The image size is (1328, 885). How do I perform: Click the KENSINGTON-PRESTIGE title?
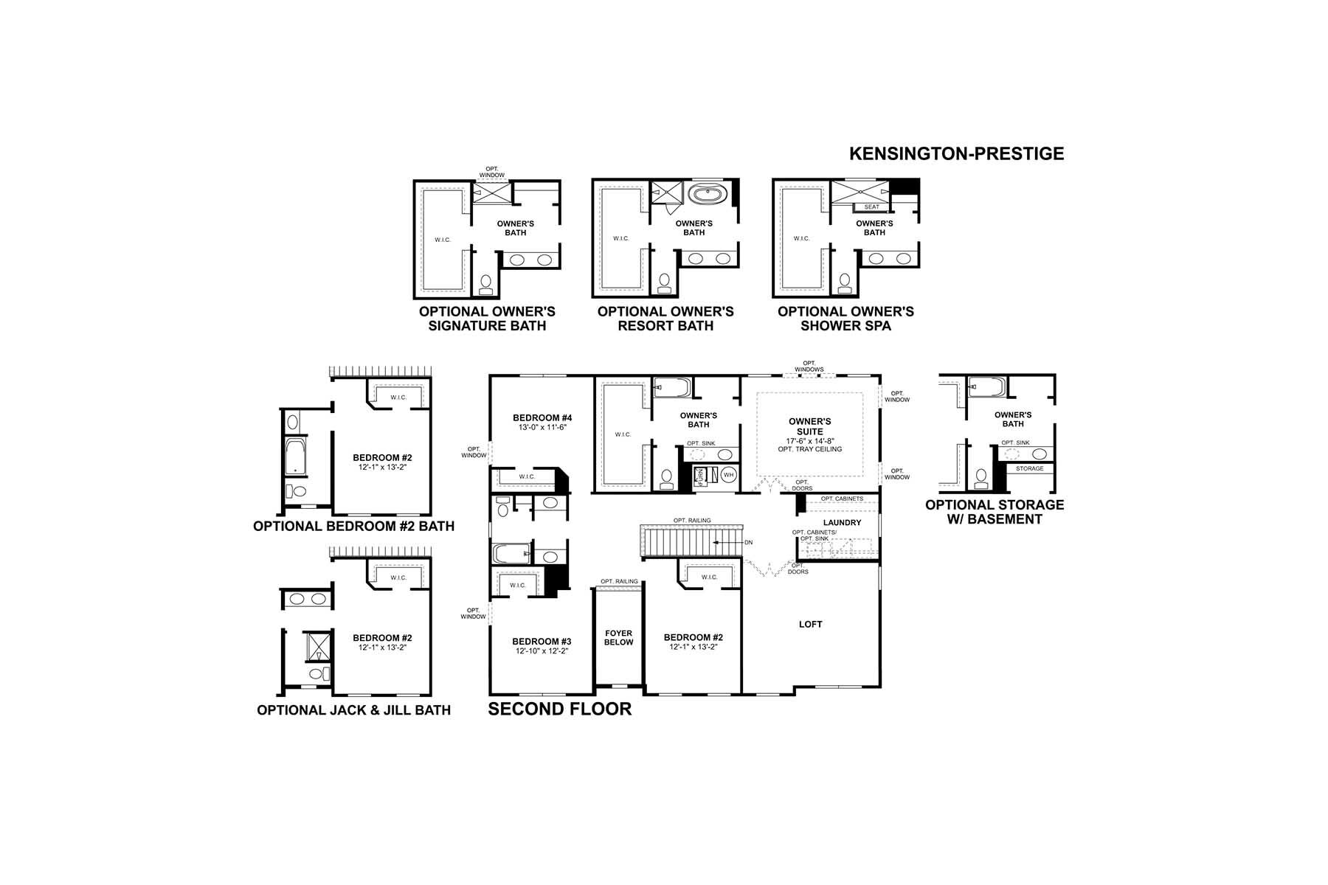[956, 153]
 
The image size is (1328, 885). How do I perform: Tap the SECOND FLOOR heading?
[559, 709]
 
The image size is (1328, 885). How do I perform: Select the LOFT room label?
[810, 624]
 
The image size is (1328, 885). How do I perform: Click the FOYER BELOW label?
[618, 637]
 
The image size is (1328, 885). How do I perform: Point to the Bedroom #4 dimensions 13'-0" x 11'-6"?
[542, 427]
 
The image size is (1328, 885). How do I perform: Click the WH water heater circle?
[729, 474]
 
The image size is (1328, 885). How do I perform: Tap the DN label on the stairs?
[748, 542]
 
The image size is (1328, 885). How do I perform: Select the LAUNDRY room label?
[842, 522]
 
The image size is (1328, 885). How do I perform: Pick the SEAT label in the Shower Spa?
[871, 206]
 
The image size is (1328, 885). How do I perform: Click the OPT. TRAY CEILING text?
[809, 449]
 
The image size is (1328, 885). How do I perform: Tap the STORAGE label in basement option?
[1029, 468]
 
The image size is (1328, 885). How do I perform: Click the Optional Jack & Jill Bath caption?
[353, 710]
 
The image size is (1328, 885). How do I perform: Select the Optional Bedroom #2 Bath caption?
[353, 527]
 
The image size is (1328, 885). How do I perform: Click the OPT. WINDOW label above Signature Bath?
[492, 172]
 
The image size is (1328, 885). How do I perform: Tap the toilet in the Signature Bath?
[486, 283]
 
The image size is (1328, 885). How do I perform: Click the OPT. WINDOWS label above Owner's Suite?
[809, 366]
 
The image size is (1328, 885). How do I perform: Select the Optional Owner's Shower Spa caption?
[845, 318]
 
